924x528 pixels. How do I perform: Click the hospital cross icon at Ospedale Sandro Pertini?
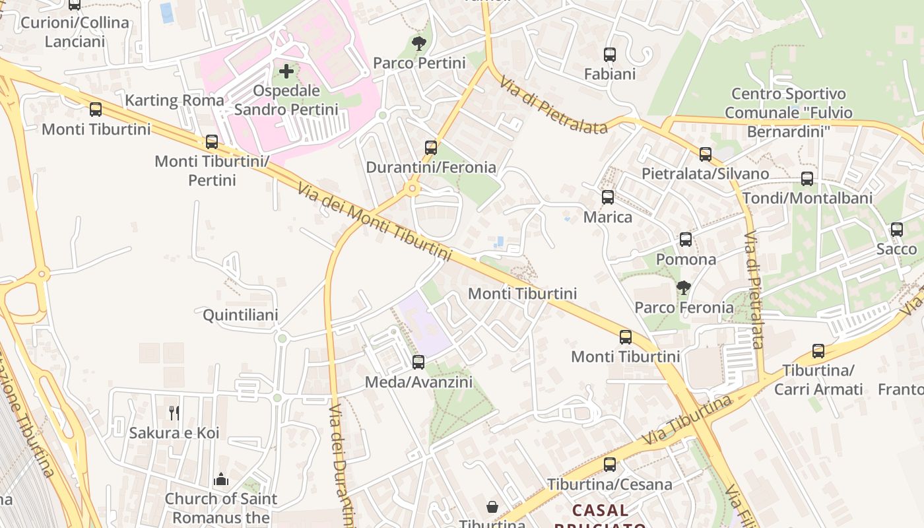click(286, 71)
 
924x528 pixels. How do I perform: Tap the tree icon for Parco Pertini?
click(418, 44)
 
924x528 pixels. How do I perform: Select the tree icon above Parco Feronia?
click(684, 288)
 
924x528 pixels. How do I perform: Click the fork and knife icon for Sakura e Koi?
click(174, 413)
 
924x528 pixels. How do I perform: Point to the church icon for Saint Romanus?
click(221, 479)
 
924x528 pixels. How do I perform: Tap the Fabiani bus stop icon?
click(610, 55)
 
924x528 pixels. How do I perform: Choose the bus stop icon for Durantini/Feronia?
click(431, 148)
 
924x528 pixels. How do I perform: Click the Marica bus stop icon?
click(608, 197)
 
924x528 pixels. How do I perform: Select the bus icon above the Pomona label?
click(686, 240)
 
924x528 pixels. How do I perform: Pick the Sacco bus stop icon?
click(896, 230)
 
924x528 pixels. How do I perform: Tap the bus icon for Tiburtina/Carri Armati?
click(818, 351)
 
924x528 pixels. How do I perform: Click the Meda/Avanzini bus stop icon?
click(418, 362)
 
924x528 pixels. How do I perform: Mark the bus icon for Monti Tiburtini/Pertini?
click(212, 142)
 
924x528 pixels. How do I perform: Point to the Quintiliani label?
click(240, 315)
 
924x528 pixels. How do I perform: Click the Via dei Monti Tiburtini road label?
click(374, 221)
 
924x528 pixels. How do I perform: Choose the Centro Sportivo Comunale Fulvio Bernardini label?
click(788, 113)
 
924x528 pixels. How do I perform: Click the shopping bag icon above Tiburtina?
click(492, 507)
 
